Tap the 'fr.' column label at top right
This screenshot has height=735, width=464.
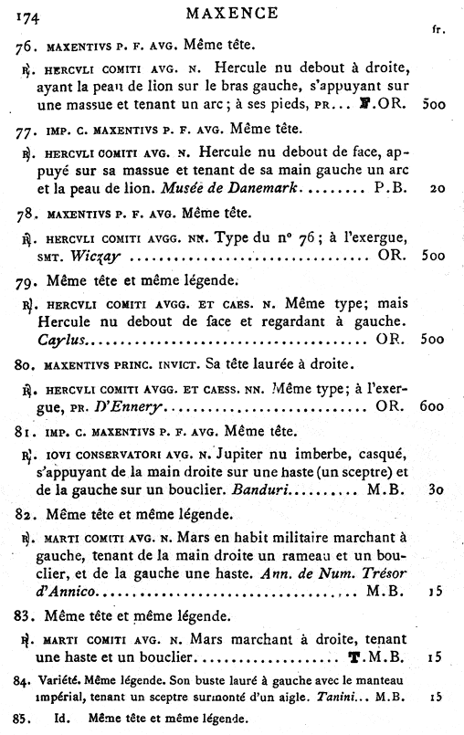click(438, 29)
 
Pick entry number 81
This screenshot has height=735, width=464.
click(27, 429)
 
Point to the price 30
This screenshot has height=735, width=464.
click(437, 491)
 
